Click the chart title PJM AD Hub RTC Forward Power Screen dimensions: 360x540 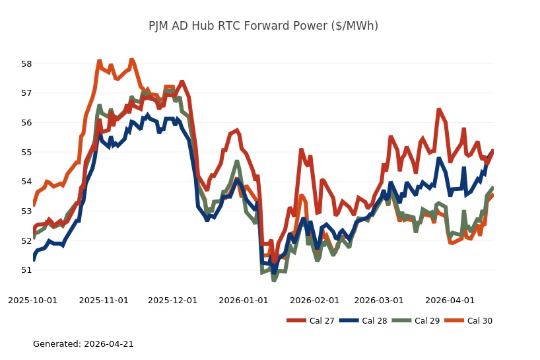pos(263,26)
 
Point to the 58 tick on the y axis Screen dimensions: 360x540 pos(26,64)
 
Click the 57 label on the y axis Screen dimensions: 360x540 pos(26,93)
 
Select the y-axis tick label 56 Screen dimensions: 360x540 pos(26,123)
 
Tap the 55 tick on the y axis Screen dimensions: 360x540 pos(26,152)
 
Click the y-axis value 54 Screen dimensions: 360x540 pos(26,182)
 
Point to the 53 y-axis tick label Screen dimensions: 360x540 pos(26,211)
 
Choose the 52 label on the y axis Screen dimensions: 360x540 pos(26,240)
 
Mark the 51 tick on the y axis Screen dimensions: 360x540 pos(26,270)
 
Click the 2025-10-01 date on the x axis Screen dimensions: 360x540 pos(33,301)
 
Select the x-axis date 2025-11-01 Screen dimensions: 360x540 pos(104,301)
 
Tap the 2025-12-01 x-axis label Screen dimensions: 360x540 pos(172,301)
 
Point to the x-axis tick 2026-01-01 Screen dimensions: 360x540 pos(243,301)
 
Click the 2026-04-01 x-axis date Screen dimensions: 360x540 pos(450,301)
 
